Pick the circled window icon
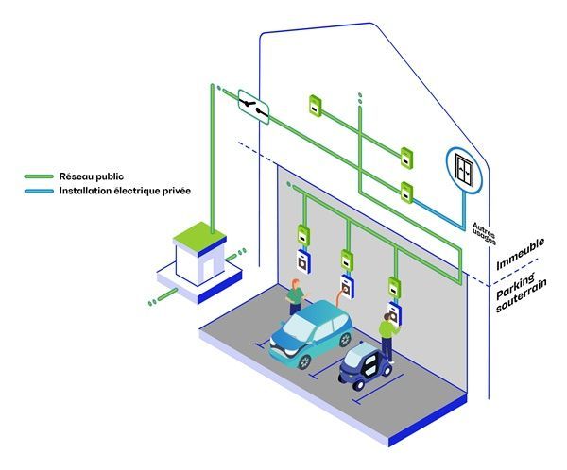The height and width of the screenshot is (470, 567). point(464,169)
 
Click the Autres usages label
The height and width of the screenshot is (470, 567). point(483,228)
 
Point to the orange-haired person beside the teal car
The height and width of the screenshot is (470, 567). point(296,295)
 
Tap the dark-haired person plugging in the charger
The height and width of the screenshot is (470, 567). point(387,331)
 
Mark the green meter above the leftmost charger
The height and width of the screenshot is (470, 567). point(303,234)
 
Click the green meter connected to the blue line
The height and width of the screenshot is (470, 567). point(405,192)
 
